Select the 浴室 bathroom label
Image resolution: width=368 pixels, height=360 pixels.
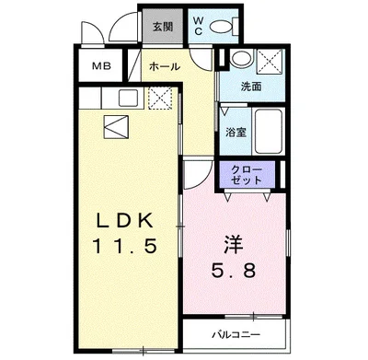[236, 132]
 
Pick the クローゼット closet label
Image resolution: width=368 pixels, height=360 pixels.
[246, 175]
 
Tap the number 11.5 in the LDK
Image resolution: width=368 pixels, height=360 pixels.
[130, 246]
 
